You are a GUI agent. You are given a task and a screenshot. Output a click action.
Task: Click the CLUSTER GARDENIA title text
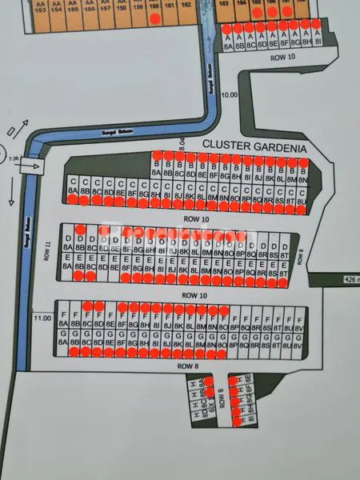(255, 146)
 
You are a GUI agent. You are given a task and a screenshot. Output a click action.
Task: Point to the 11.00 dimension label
(42, 318)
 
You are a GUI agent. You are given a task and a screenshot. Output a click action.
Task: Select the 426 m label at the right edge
(350, 279)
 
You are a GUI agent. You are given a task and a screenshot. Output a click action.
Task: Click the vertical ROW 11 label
(48, 250)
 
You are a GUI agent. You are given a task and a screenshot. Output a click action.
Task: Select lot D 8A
(66, 243)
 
